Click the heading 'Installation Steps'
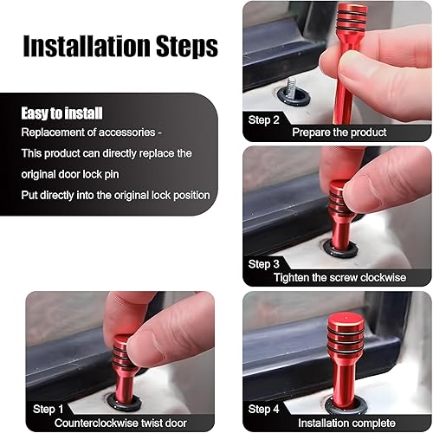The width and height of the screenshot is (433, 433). coord(120,46)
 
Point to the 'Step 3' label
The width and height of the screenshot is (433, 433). coord(265,264)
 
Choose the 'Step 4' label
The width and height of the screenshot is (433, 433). coord(265,408)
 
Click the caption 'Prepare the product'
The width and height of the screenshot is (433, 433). coord(339,132)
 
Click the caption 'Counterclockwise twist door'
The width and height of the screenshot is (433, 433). coord(120,422)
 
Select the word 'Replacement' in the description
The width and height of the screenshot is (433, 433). coord(54,132)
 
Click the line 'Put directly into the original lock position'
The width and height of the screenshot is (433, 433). coord(116,195)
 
